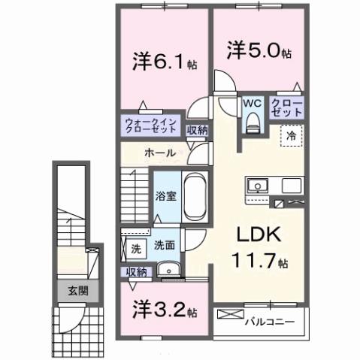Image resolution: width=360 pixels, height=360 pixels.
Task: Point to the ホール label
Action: coord(159,153)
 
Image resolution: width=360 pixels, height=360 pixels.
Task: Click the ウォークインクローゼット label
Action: coord(151,124)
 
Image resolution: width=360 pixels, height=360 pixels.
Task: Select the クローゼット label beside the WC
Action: coord(286,106)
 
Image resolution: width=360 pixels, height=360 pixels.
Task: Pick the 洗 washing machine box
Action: coord(136,247)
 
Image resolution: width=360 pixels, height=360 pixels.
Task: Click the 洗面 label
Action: coord(165,245)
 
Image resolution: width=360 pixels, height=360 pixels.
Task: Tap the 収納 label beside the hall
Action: coord(197,129)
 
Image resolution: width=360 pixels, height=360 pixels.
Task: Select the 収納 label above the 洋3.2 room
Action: coord(137,271)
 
